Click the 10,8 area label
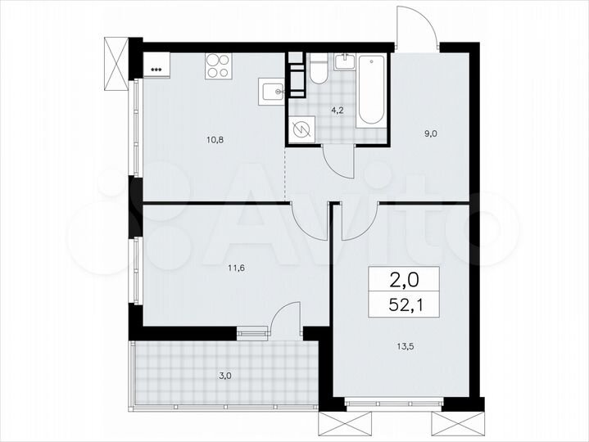[x=215, y=139]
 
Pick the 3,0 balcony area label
[x=224, y=377]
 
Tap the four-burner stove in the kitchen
[x=217, y=65]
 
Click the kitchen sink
[x=272, y=90]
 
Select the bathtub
[x=371, y=90]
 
